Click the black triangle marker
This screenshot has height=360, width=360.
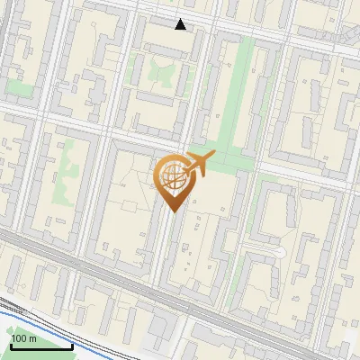pos(181,24)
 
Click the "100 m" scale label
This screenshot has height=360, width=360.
pos(24,337)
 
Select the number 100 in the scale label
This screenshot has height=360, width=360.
pos(20,337)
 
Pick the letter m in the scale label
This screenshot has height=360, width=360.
pos(33,337)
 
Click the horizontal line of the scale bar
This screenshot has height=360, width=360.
pos(40,346)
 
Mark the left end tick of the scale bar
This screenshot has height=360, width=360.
pos(10,344)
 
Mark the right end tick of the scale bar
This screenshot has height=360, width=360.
pos(72,344)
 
